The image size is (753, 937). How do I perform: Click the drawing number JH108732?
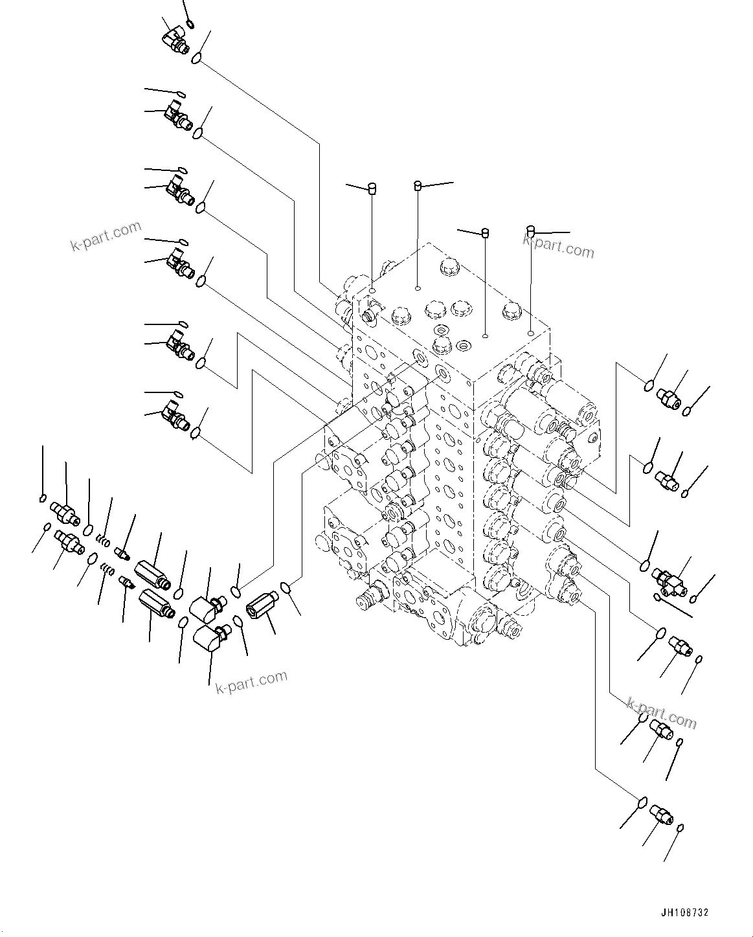(685, 912)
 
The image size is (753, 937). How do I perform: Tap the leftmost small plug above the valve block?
(372, 188)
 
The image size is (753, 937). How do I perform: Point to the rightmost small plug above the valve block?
(531, 230)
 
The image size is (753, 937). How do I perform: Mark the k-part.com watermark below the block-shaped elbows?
(251, 681)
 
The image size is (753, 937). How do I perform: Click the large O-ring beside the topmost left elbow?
(196, 60)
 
